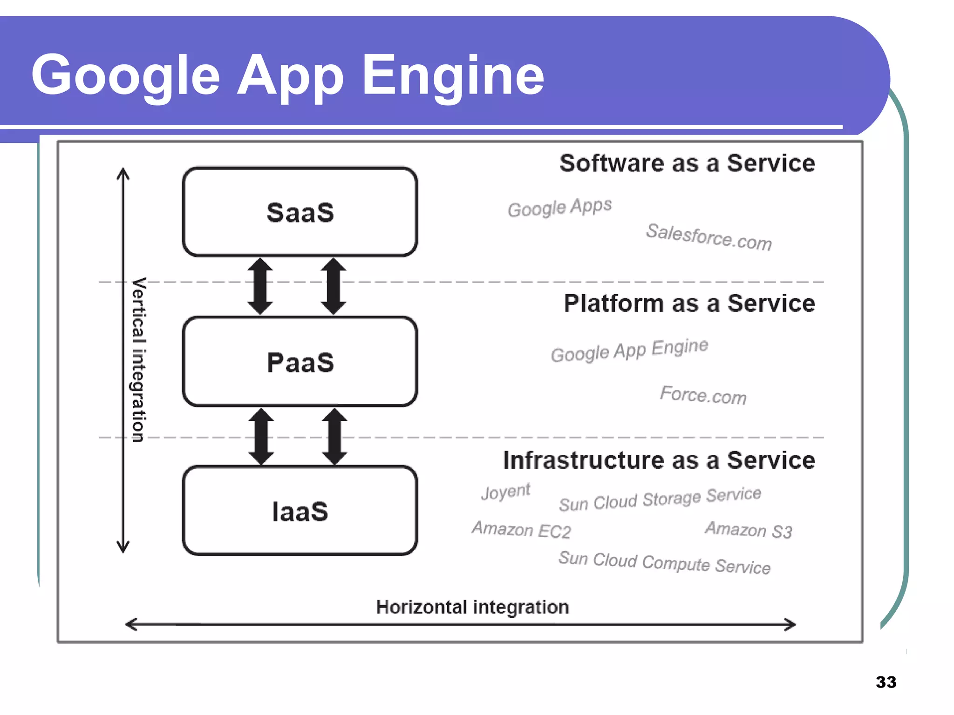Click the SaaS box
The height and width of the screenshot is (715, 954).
click(300, 212)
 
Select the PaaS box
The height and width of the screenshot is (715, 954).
click(300, 362)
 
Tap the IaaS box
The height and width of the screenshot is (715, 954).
click(300, 511)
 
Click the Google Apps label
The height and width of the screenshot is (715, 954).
click(559, 207)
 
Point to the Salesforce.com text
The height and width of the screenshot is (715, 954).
click(709, 237)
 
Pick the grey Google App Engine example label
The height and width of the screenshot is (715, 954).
click(629, 350)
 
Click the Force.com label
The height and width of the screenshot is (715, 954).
click(703, 395)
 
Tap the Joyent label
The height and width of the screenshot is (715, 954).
click(505, 491)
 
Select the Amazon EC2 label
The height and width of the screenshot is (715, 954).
click(521, 530)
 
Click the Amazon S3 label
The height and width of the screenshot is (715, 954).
click(748, 530)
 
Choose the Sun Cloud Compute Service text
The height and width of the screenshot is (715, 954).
click(664, 562)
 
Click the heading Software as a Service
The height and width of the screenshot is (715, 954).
click(687, 163)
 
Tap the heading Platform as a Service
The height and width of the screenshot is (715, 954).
click(689, 303)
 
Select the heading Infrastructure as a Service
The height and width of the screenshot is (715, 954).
click(659, 460)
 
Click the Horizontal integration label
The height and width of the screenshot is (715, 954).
click(472, 607)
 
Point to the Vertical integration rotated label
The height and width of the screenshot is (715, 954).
click(139, 359)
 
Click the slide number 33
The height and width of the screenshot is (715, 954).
click(886, 682)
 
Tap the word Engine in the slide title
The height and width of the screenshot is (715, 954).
click(453, 76)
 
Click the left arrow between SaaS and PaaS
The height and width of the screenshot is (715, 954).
click(260, 286)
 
